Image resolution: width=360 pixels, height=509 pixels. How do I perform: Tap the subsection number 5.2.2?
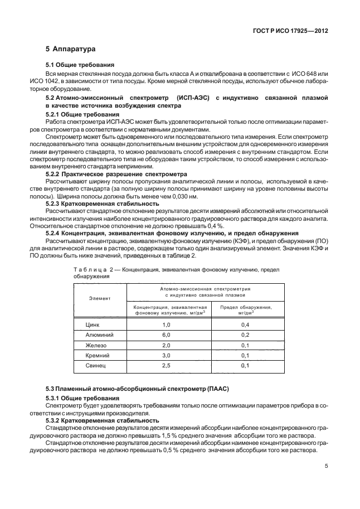tap(55, 174)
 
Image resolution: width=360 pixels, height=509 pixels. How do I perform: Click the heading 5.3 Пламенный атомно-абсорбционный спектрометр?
tap(137, 387)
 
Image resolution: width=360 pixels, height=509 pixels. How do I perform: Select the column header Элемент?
tap(100, 298)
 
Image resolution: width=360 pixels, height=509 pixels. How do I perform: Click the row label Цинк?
tap(93, 324)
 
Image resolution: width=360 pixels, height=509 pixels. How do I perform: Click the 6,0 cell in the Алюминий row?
tap(166, 335)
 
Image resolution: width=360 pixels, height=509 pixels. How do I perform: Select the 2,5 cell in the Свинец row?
tap(166, 366)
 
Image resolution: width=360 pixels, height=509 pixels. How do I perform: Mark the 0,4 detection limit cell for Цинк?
tap(245, 324)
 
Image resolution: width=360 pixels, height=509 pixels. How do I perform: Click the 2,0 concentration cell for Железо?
tap(166, 345)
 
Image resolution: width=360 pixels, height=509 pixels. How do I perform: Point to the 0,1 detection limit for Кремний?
tap(245, 355)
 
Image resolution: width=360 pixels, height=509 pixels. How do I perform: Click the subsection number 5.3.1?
tap(55, 398)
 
